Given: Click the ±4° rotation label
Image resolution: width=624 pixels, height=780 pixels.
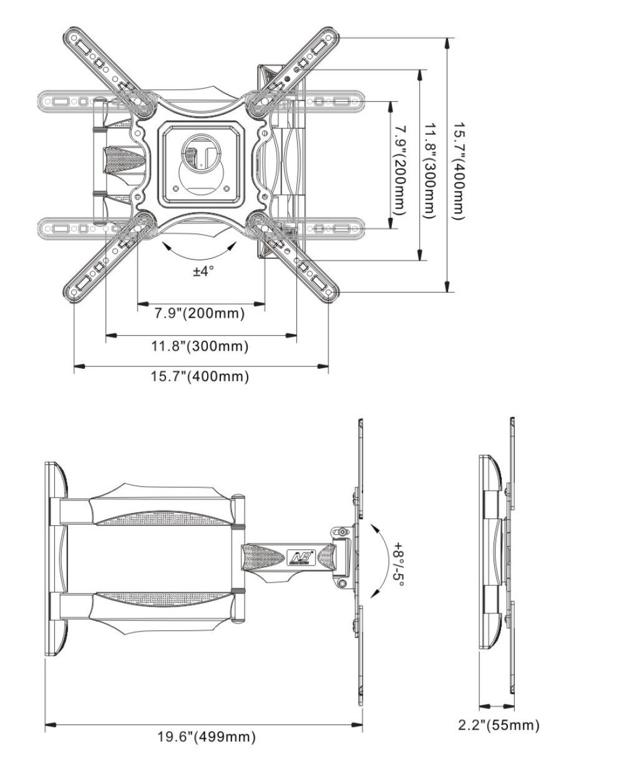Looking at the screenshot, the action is (203, 271).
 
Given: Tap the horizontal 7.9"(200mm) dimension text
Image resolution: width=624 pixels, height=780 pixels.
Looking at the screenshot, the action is (200, 313).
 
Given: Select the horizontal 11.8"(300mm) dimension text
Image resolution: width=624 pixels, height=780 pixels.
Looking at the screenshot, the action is (200, 346).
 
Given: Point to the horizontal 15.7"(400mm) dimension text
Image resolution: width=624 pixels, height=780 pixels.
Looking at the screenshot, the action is (200, 377).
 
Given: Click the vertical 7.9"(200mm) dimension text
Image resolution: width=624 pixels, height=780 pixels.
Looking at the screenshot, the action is (399, 170).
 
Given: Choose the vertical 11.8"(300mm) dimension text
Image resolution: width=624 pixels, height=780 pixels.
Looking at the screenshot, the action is (430, 171).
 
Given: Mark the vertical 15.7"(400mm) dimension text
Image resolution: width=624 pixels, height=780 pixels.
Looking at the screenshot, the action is (459, 171).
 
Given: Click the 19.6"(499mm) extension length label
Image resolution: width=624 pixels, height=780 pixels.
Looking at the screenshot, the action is (207, 736).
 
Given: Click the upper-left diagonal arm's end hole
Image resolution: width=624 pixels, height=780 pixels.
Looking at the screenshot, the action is (74, 37).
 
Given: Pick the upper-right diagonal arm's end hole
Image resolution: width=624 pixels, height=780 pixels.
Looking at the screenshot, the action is (328, 37).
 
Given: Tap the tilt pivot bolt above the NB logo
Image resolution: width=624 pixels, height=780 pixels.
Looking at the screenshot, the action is (341, 532).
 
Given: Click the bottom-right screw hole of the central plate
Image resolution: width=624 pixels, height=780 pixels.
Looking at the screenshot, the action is (227, 188).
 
